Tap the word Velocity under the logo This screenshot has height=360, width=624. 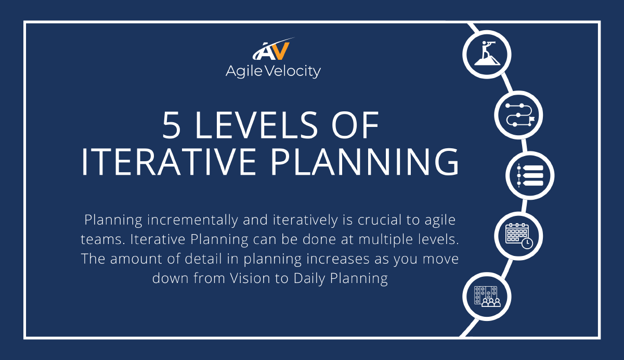pos(292,72)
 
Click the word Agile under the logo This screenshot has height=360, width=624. pos(244,72)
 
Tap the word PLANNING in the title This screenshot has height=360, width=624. pos(365,162)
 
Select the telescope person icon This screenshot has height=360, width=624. pos(487,54)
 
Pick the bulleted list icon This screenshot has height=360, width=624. pos(530,175)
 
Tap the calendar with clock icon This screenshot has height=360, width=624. pos(519,236)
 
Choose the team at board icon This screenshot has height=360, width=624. pos(487,297)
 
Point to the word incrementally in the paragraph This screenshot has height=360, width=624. pos(192,220)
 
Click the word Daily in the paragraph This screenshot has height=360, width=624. pos(309,278)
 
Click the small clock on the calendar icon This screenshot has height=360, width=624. pos(527,243)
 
